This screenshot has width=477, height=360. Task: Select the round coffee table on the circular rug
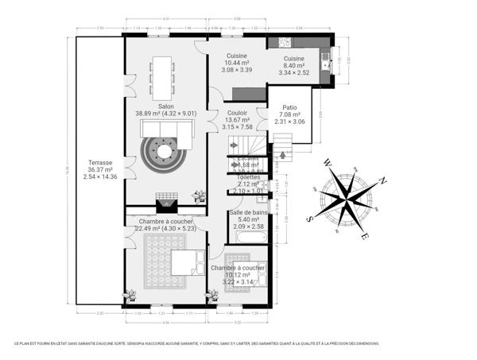[x=165, y=150]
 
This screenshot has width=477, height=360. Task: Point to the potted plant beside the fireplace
[x=198, y=194]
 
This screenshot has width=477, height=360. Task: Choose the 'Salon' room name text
[x=166, y=106]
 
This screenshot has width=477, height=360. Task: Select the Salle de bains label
[x=249, y=212]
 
